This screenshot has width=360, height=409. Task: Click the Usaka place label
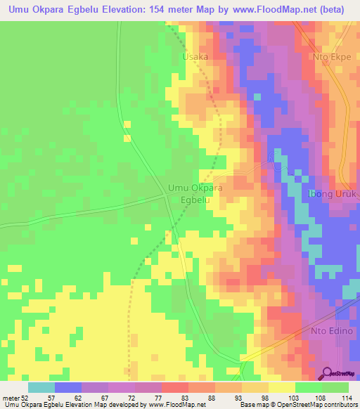click(195, 56)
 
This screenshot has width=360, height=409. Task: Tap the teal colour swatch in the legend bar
click(41, 387)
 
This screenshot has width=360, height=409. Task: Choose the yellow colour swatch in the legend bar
click(282, 387)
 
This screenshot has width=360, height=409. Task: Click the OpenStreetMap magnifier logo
click(328, 373)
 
